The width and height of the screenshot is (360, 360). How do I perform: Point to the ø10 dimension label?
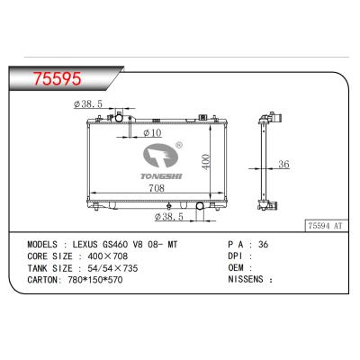pyautogui.click(x=153, y=133)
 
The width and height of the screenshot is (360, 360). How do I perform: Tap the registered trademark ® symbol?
pyautogui.click(x=178, y=144)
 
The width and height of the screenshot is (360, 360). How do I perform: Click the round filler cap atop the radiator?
pyautogui.click(x=117, y=118)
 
